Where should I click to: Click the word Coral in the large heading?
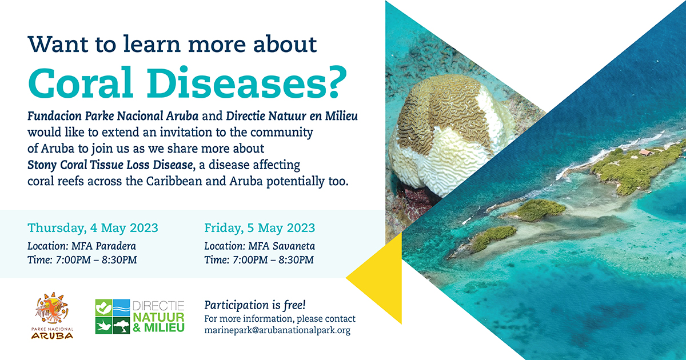(x=81, y=82)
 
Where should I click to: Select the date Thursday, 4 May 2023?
(x=93, y=228)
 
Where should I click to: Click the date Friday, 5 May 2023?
(x=260, y=228)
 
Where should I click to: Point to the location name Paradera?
(x=115, y=246)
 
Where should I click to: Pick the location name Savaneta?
(x=294, y=246)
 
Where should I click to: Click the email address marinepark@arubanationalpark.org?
(x=277, y=331)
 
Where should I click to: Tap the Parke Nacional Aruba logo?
(x=53, y=315)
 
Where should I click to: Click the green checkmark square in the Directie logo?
(x=104, y=307)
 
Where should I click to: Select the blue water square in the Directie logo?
(x=122, y=307)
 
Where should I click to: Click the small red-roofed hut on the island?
(x=645, y=152)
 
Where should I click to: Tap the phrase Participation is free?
(x=255, y=305)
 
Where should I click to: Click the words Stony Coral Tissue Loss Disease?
(x=110, y=165)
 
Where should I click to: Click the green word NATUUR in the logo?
(x=158, y=317)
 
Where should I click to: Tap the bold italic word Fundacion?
(x=54, y=117)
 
